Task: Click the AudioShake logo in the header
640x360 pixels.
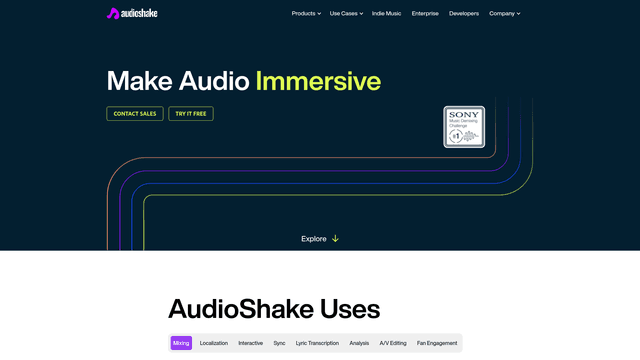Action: click(132, 14)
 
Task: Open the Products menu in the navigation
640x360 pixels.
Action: click(306, 14)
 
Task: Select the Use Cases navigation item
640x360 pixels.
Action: click(345, 14)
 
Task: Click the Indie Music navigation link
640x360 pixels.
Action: click(387, 14)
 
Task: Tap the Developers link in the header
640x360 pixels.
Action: click(464, 14)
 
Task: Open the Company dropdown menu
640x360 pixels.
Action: click(504, 14)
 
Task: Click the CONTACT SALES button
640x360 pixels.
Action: click(135, 114)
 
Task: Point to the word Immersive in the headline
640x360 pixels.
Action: click(318, 81)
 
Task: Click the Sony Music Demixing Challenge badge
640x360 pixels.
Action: click(464, 127)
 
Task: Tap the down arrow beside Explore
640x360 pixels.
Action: click(335, 239)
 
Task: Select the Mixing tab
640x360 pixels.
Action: click(181, 343)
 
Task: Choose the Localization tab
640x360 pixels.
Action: click(214, 343)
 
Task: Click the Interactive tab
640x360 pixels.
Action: click(251, 343)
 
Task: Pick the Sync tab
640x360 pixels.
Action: click(279, 343)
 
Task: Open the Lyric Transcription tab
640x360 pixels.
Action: click(317, 343)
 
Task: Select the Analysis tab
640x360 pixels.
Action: click(359, 343)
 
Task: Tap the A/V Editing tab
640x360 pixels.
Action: click(393, 343)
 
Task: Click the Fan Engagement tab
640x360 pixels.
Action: click(437, 343)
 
